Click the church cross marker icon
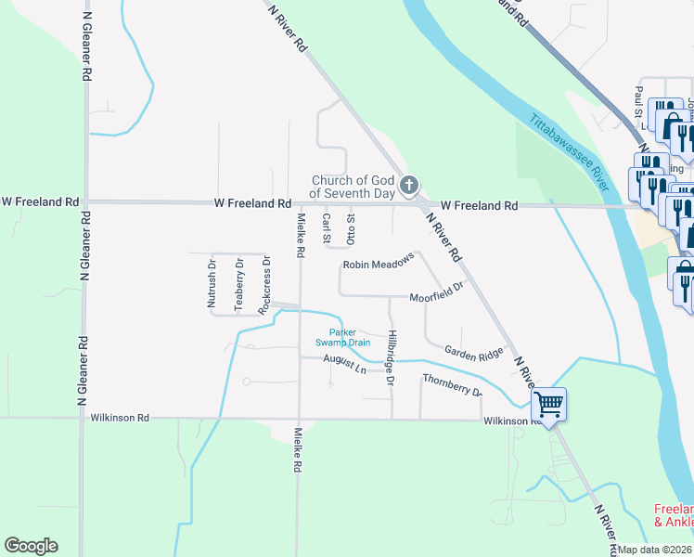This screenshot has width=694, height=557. click(408, 187)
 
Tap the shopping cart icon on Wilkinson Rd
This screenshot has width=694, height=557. click(548, 404)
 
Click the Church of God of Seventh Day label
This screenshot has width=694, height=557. click(353, 187)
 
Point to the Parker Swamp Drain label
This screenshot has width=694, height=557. click(349, 337)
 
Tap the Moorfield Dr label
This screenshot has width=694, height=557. click(436, 293)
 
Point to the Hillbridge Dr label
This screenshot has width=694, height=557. click(392, 357)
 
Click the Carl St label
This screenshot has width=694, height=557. click(327, 227)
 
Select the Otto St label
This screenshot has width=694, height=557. click(351, 227)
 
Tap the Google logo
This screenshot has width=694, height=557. click(31, 546)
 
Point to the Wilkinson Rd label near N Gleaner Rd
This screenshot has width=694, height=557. click(120, 418)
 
